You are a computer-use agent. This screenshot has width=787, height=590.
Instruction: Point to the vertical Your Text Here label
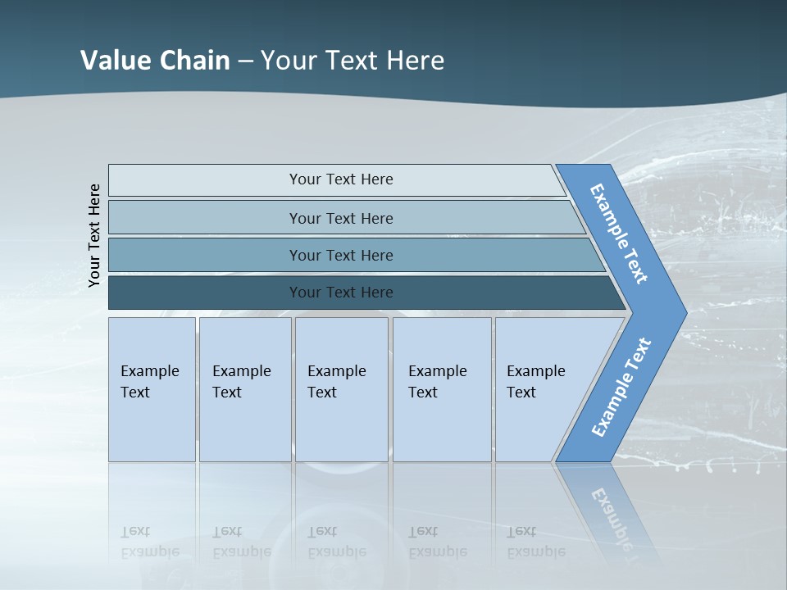click(95, 235)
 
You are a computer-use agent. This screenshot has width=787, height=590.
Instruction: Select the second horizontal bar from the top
click(341, 218)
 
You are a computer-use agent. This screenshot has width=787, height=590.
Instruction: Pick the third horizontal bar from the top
click(341, 255)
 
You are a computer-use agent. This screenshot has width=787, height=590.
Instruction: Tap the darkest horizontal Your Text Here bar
click(341, 293)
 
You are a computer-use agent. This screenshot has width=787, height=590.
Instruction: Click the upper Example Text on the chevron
click(619, 234)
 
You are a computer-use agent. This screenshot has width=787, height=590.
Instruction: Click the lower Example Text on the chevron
click(621, 387)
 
